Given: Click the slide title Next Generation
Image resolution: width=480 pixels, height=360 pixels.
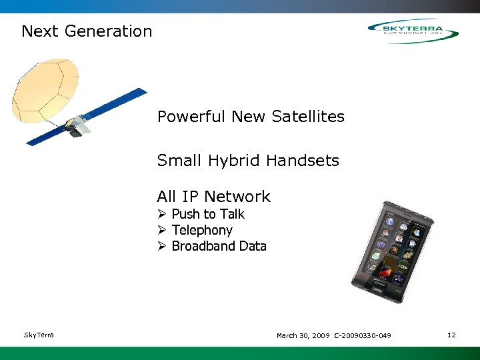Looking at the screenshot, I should tap(87, 31).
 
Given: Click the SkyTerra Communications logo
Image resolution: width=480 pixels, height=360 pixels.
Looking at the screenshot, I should tap(413, 31).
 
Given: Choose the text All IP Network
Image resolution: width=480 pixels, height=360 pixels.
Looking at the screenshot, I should tap(213, 197).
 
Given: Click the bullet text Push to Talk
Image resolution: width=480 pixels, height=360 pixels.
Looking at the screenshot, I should tap(208, 214).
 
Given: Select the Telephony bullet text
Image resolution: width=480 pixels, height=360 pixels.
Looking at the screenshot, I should tap(202, 230).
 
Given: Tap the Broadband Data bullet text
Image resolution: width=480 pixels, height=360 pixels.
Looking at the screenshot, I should tap(219, 246).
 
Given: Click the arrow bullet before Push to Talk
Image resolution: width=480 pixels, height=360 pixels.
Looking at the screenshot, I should tap(161, 214).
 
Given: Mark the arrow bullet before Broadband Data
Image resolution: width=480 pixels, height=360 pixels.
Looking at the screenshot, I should tap(161, 246).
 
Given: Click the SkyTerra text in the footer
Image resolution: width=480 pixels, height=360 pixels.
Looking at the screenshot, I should tap(39, 335).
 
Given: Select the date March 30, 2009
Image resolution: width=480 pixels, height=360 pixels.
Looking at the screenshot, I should tap(303, 335).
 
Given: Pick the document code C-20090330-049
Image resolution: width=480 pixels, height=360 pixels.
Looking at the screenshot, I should tap(363, 335).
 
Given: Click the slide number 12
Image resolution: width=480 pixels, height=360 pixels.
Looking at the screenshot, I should tap(451, 335).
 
